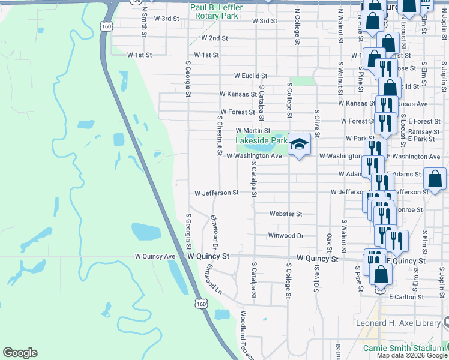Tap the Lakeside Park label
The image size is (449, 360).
pos(262,140)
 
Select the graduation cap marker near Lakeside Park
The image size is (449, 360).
pos(299,145)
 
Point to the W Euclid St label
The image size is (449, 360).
pos(250,76)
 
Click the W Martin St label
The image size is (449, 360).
pos(253,130)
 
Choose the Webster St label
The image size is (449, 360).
pos(285,214)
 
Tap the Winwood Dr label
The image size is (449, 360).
pos(286,235)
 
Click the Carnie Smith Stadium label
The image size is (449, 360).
pos(403,348)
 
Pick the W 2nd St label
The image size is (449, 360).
pos(214,38)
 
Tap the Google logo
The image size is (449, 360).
pos(20,353)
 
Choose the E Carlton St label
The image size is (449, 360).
pos(406,297)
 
